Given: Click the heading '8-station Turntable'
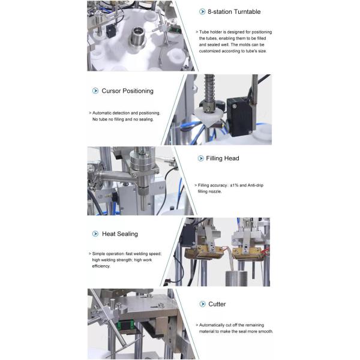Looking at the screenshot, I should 234,11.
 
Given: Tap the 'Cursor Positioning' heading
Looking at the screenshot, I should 127,91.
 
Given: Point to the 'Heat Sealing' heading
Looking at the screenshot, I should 119,234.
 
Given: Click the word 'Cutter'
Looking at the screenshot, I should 217,304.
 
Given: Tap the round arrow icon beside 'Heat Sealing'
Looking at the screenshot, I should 95,234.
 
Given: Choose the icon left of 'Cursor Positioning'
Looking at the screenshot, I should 95,91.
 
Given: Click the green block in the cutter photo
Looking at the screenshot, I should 127,326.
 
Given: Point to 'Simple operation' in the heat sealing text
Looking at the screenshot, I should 109,254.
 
